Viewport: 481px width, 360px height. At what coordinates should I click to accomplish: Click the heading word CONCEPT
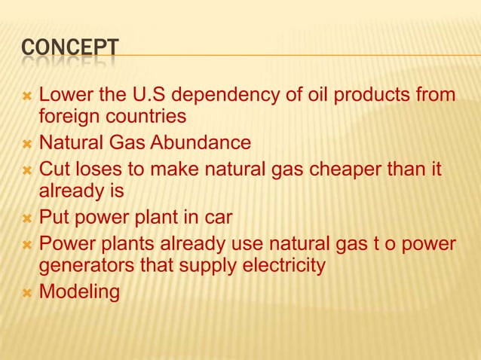click(x=69, y=48)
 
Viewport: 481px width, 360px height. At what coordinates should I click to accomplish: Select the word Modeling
click(x=79, y=291)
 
